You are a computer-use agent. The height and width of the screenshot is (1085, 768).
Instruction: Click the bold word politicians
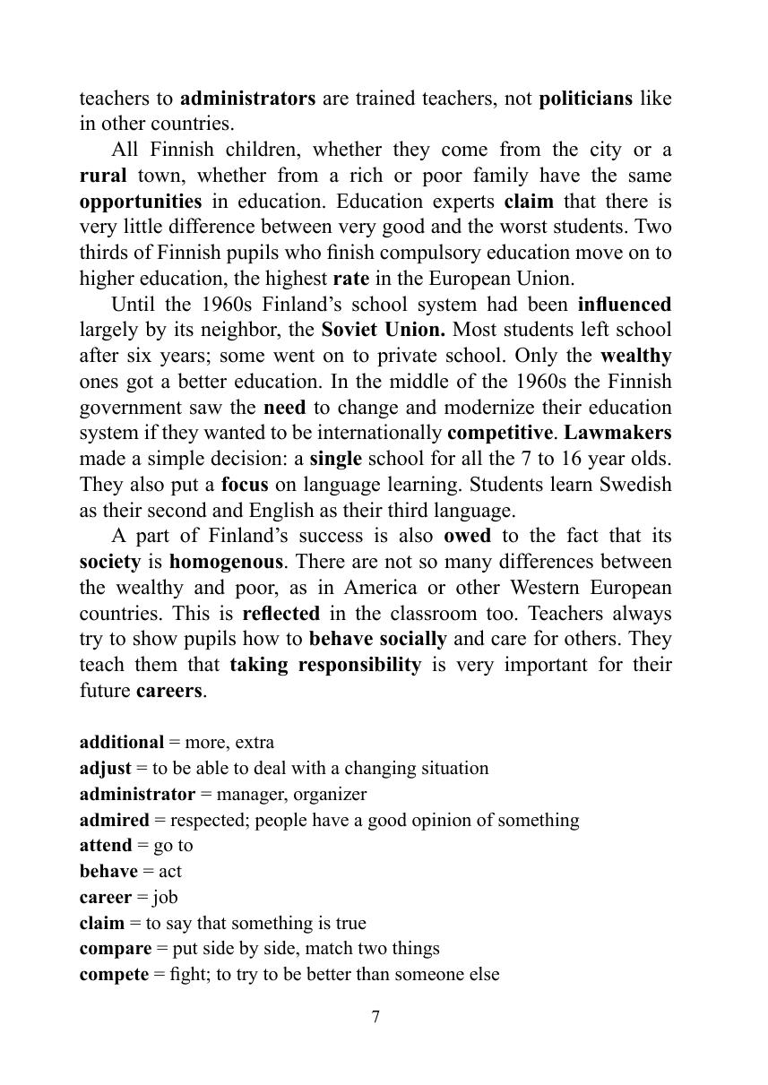[587, 98]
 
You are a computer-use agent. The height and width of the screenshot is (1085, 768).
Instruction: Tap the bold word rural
[103, 176]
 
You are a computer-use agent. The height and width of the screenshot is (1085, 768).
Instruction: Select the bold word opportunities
[141, 202]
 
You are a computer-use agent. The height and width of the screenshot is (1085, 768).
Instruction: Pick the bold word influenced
[625, 305]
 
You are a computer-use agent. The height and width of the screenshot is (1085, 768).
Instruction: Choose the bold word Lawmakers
[617, 433]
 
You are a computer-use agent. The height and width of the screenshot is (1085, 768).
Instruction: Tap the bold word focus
[245, 485]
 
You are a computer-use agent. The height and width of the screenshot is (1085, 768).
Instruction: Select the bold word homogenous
[227, 562]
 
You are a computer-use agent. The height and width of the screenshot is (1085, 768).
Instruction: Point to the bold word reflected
[280, 614]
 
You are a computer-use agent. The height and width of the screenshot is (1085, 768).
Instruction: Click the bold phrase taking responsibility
[325, 665]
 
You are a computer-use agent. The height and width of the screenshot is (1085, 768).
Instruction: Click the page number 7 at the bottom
[375, 1017]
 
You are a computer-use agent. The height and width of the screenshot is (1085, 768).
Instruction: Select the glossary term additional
[122, 742]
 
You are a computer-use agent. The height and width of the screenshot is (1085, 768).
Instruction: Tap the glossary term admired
[115, 820]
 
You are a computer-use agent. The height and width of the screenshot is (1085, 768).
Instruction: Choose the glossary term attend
[106, 845]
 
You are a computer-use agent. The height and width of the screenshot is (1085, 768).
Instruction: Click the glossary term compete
[114, 974]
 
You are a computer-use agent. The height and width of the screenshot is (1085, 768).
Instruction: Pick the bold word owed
[467, 536]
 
